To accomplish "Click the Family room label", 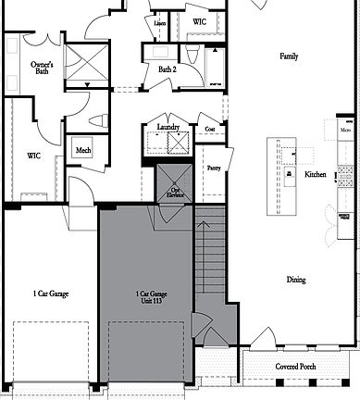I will pyautogui.click(x=289, y=56).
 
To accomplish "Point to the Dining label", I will pyautogui.click(x=295, y=280).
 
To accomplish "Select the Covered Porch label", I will pyautogui.click(x=298, y=367).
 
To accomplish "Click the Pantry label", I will pyautogui.click(x=214, y=168).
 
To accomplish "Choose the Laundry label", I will pyautogui.click(x=168, y=127).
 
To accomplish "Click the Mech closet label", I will pyautogui.click(x=83, y=150).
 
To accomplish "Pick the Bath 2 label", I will pyautogui.click(x=167, y=69).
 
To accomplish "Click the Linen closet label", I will pyautogui.click(x=160, y=22).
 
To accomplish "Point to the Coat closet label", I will pyautogui.click(x=210, y=129).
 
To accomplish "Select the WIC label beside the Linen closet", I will pyautogui.click(x=200, y=19).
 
